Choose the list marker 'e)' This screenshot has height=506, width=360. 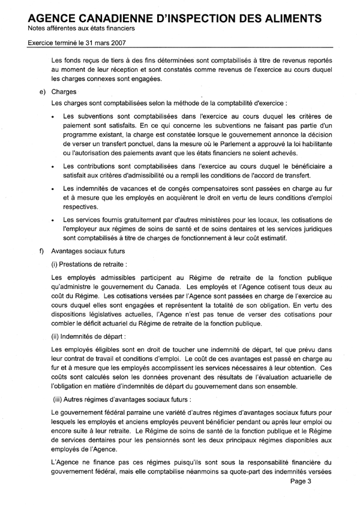[x=41, y=92]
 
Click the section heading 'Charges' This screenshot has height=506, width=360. [x=64, y=92]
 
